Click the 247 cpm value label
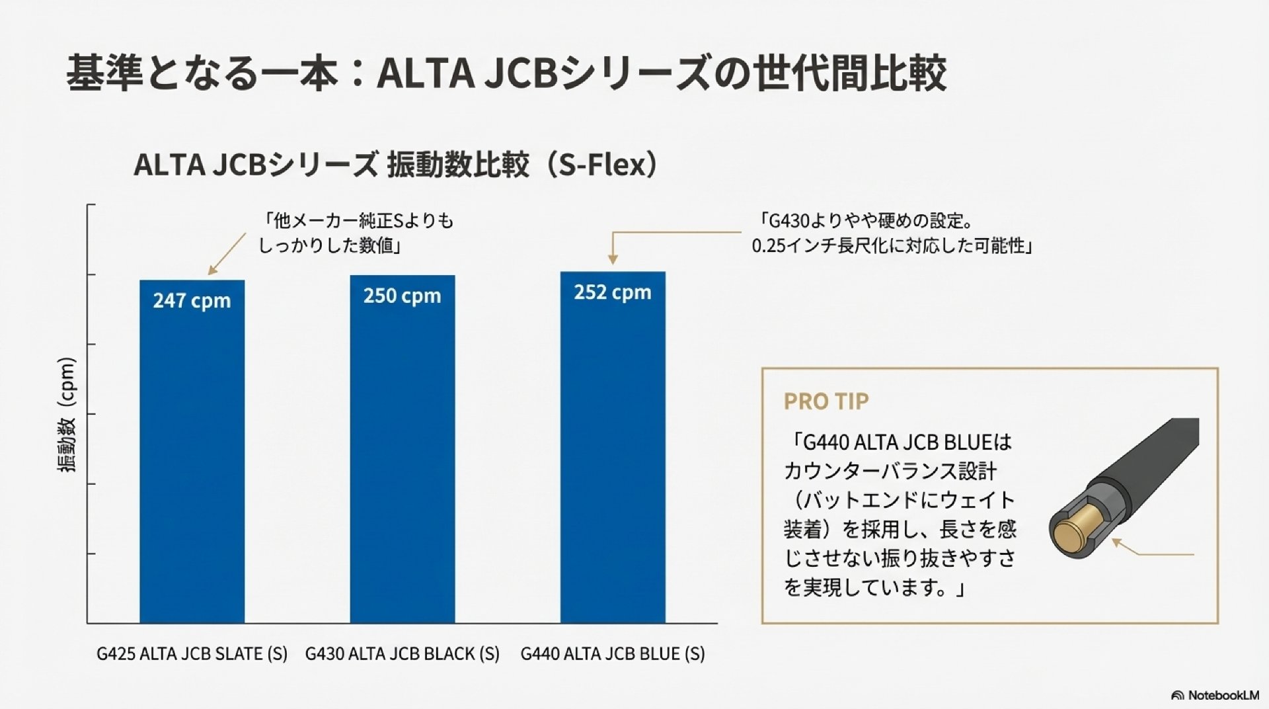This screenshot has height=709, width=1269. click(192, 301)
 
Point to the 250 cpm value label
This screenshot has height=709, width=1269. click(402, 296)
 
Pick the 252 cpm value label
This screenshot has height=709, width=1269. click(613, 292)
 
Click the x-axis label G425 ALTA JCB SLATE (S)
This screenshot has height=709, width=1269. click(192, 654)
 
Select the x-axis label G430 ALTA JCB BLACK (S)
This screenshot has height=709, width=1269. click(402, 654)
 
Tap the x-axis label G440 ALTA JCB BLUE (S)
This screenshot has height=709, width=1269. click(613, 654)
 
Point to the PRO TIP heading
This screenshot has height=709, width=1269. click(826, 401)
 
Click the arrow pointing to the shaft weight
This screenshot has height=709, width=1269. click(1153, 550)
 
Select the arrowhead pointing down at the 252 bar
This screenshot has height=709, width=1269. click(612, 260)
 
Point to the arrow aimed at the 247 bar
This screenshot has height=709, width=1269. click(226, 254)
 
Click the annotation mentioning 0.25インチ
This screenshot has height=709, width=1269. click(892, 246)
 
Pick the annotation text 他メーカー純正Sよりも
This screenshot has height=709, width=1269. click(358, 221)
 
